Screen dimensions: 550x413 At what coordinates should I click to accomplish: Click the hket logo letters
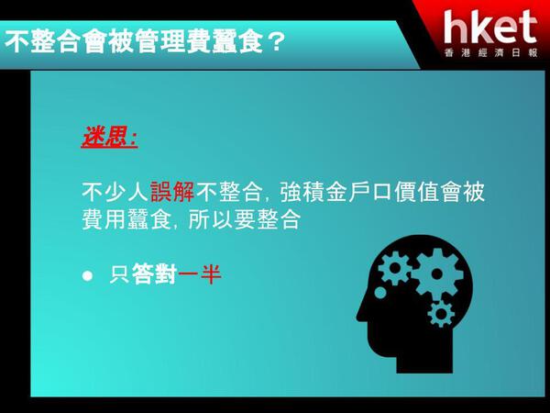[x=490, y=27]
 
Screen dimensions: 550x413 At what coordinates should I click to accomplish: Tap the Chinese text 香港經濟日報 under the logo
[x=490, y=52]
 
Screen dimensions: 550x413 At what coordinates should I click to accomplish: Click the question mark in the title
[x=278, y=42]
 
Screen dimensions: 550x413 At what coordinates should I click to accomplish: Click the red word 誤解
[x=172, y=192]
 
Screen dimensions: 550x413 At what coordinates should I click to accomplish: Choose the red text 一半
[x=200, y=273]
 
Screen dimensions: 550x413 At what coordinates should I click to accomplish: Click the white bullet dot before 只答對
[x=87, y=275]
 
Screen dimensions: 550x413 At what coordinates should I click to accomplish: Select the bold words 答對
[x=154, y=273]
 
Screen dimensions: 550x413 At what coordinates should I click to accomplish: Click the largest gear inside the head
[x=436, y=273]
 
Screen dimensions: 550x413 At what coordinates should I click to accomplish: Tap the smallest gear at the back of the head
[x=441, y=314]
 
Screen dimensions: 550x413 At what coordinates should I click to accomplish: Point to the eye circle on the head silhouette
[x=380, y=293]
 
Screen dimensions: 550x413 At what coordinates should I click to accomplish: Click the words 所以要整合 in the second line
[x=245, y=220]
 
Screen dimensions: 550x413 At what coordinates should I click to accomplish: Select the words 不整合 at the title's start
[x=41, y=41]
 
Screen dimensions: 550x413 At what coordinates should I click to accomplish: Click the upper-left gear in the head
[x=394, y=268]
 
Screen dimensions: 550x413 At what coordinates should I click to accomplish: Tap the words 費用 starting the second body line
[x=104, y=220]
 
